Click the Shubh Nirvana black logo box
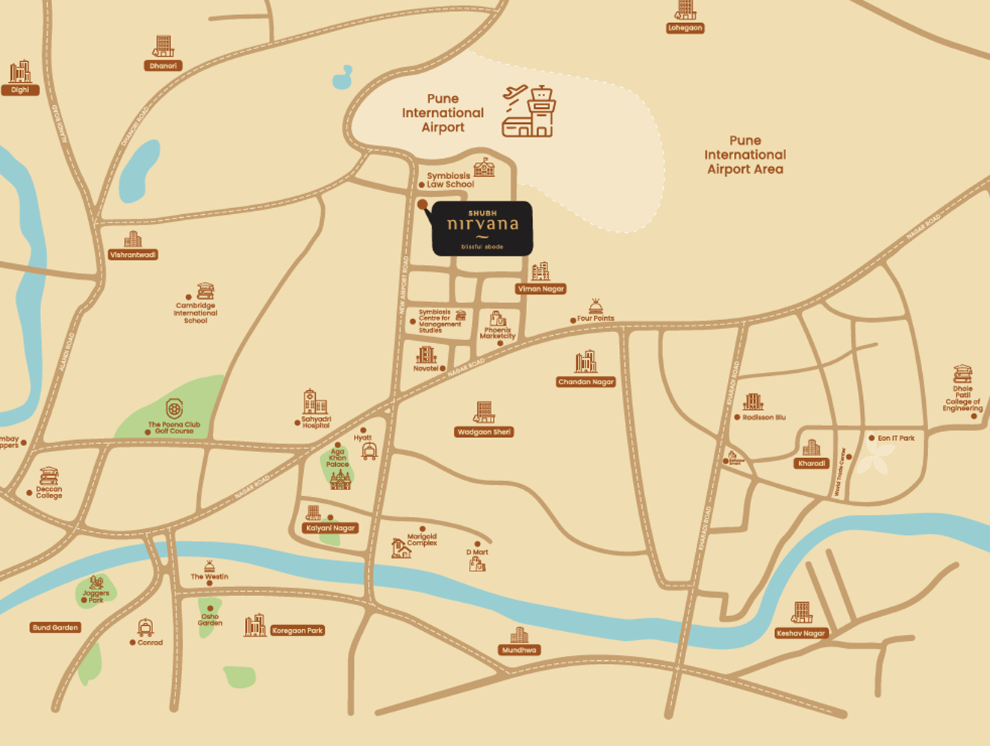pyautogui.click(x=482, y=228)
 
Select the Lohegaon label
pyautogui.click(x=685, y=28)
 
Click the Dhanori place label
pyautogui.click(x=163, y=66)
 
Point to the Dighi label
pyautogui.click(x=20, y=90)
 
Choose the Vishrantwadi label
pyautogui.click(x=133, y=255)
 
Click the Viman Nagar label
pyautogui.click(x=541, y=289)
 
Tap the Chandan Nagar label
pyautogui.click(x=586, y=382)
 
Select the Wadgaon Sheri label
pyautogui.click(x=485, y=432)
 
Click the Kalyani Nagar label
pyautogui.click(x=331, y=528)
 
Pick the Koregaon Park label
pyautogui.click(x=298, y=630)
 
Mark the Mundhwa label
pyautogui.click(x=519, y=650)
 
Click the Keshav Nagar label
pyautogui.click(x=800, y=633)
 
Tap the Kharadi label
pyautogui.click(x=812, y=463)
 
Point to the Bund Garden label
pyautogui.click(x=55, y=627)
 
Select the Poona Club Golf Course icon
pyautogui.click(x=174, y=409)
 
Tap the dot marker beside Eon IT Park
pyautogui.click(x=871, y=438)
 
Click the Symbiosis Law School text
pyautogui.click(x=449, y=181)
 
